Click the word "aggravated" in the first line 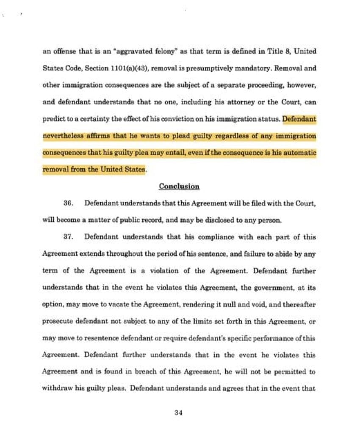point(138,52)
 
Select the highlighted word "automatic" point(298,153)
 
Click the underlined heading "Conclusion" point(179,187)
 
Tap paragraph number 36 point(69,204)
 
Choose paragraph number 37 point(69,237)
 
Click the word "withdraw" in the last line point(57,388)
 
